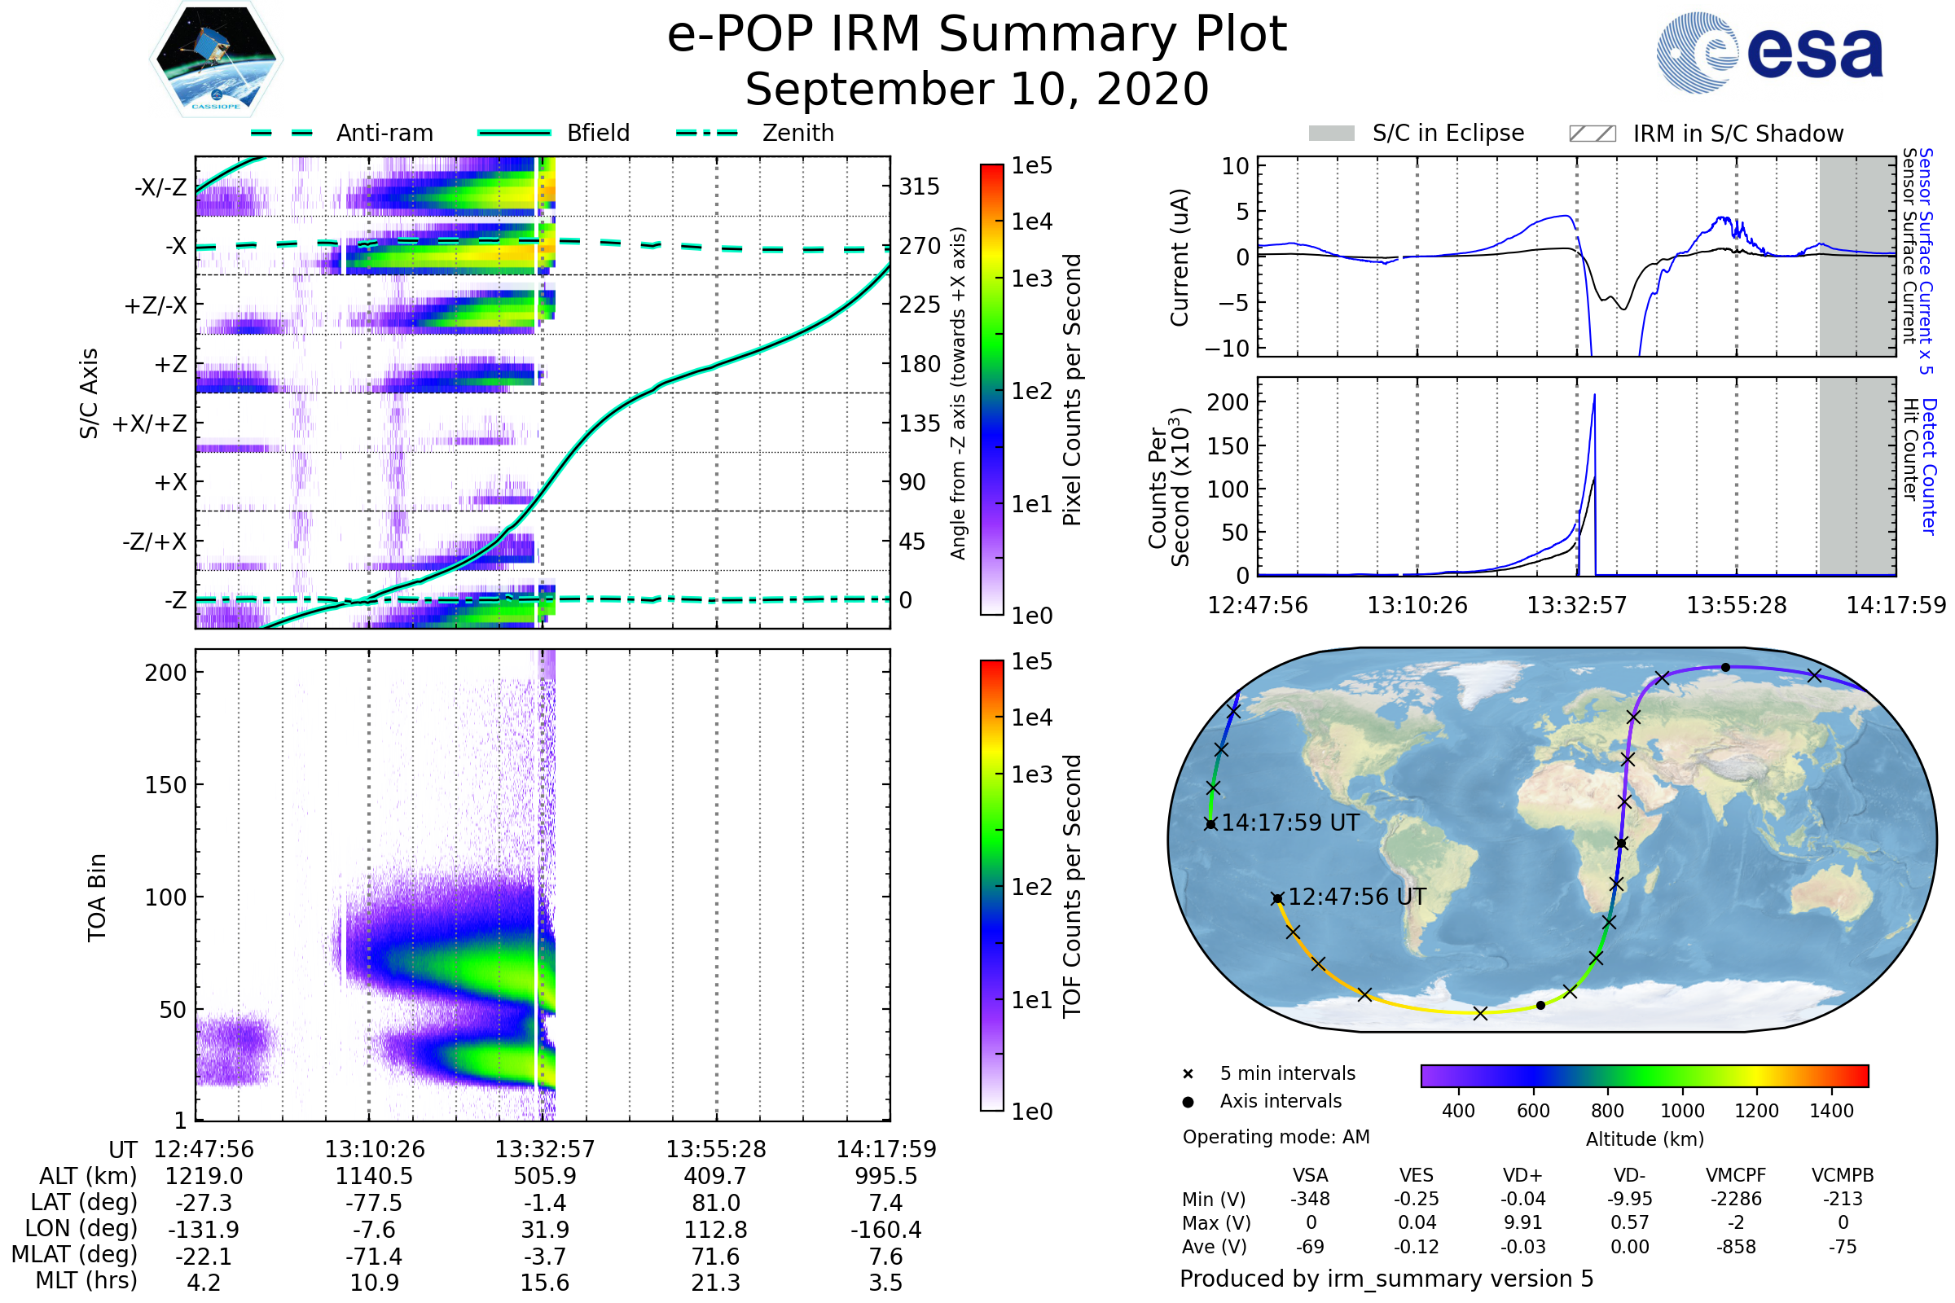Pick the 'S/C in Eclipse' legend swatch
point(1332,134)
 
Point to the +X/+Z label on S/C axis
point(150,423)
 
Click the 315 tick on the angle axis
point(920,186)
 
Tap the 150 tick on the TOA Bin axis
point(165,785)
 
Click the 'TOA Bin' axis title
point(96,897)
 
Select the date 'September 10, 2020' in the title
point(977,89)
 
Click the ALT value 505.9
point(545,1176)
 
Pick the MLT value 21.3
point(716,1282)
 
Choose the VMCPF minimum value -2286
point(1736,1199)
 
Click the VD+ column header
point(1522,1175)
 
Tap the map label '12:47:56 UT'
point(1356,897)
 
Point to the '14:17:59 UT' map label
point(1290,823)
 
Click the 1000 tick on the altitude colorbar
point(1681,1111)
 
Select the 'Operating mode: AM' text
point(1276,1137)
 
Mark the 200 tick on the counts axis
point(1228,402)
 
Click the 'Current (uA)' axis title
point(1180,257)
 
